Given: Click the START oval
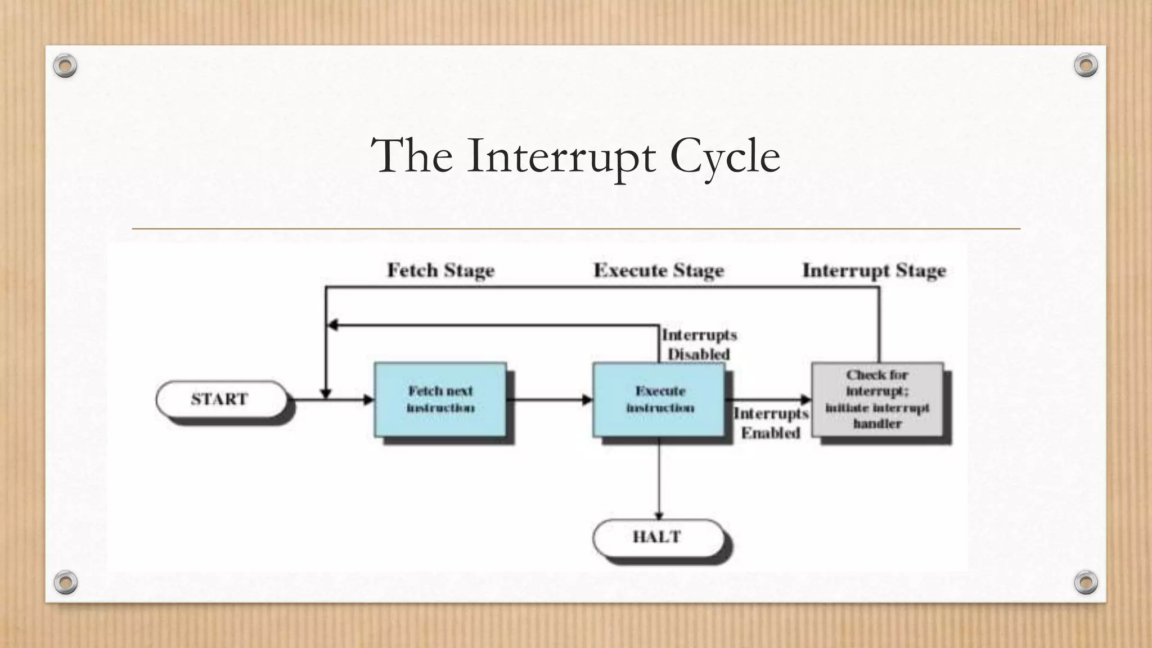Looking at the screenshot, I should coord(221,399).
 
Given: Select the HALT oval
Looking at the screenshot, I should coord(658,537).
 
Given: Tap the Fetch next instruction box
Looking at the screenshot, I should coord(440,399).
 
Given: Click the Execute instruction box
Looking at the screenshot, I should coord(659,399).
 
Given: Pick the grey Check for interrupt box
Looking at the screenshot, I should coord(877,399).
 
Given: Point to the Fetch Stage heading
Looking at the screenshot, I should coord(440,271).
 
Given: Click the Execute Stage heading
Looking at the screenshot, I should coord(659,271).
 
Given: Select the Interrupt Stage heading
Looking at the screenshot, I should coord(874,271).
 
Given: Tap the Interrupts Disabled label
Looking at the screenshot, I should coord(699,344).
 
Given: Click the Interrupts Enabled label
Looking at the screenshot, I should coord(771,423).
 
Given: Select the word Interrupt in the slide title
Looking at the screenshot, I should coord(561,156).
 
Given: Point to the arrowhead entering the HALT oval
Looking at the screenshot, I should coord(659,515).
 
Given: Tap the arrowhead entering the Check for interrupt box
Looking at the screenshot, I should coord(805,400).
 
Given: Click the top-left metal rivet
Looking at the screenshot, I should coord(65,66).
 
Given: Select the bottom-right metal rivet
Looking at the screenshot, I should coord(1086,582).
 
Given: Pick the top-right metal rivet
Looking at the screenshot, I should coord(1086,65).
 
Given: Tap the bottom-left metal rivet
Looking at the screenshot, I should coord(65,582).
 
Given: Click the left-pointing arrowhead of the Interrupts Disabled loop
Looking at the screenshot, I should coord(333,325).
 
